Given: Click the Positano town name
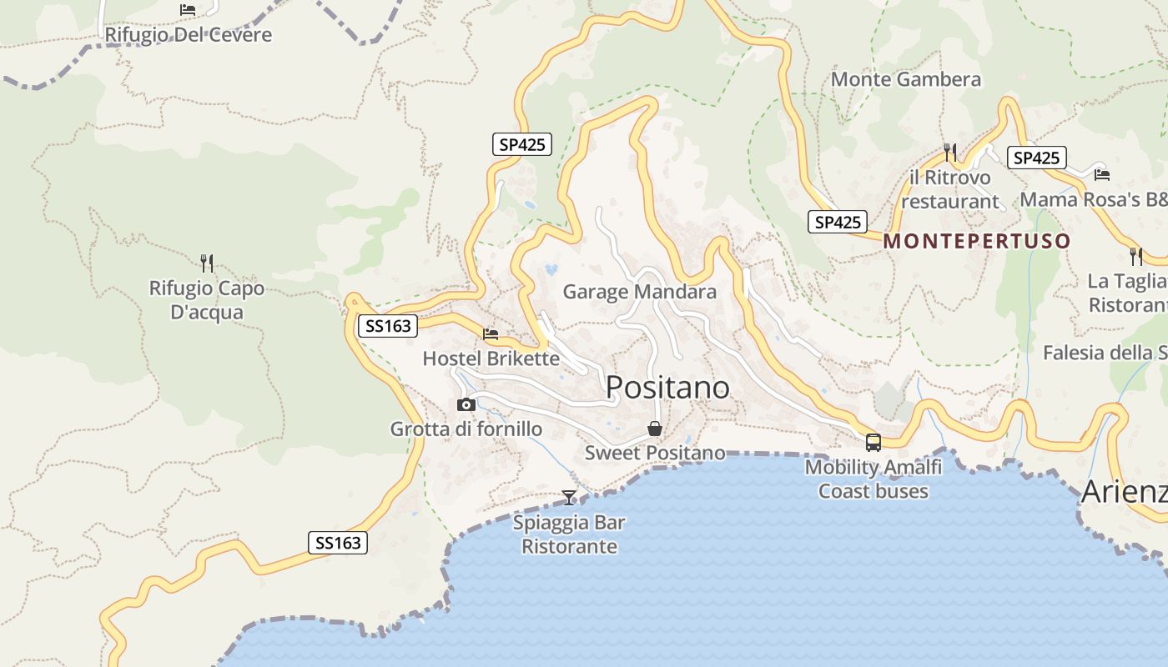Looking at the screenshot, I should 667,388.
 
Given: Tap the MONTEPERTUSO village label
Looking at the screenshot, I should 977,242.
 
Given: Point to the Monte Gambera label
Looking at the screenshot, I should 906,80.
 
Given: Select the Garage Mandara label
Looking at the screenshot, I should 639,292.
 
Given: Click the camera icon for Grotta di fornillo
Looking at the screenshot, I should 466,405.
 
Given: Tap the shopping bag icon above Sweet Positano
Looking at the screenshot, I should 655,429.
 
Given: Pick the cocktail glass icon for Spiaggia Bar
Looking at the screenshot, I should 569,498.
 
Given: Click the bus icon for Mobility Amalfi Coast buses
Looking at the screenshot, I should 873,443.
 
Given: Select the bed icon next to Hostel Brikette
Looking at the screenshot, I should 491,334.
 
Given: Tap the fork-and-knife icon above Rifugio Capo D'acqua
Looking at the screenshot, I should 207,263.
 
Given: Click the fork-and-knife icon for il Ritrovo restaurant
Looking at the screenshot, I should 950,153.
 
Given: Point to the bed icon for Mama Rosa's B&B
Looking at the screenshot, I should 1102,175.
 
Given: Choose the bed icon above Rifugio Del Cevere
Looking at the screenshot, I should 188,10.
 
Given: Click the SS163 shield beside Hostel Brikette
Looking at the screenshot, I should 388,326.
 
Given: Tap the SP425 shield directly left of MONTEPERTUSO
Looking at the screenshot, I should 838,223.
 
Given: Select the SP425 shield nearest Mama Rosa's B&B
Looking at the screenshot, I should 1036,158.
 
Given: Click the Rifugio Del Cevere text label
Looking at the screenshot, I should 188,35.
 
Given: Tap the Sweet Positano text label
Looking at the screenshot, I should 655,454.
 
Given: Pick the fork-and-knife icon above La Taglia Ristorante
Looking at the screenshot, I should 1135,255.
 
